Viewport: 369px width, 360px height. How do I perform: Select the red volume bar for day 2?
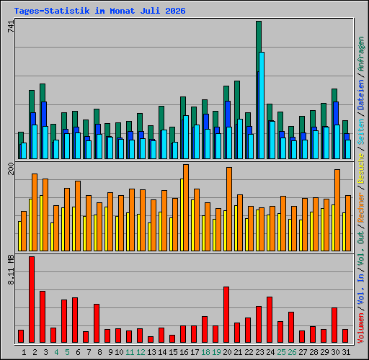(32, 300)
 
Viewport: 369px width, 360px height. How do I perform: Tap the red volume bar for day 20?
(226, 315)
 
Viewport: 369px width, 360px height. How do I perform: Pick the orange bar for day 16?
(186, 207)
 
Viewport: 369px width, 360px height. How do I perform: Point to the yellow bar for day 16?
(182, 215)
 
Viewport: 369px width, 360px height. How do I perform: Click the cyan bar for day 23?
(262, 105)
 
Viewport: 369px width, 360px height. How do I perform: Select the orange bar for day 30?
(337, 210)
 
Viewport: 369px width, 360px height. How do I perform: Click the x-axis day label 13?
(151, 352)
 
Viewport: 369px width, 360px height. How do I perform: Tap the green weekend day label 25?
(281, 352)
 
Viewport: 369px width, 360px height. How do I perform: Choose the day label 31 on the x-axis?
(346, 352)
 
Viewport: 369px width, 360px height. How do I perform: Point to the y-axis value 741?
(11, 27)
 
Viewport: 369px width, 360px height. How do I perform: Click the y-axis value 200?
(11, 168)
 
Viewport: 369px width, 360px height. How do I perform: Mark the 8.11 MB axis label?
(11, 270)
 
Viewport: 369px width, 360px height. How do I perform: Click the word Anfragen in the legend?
(361, 54)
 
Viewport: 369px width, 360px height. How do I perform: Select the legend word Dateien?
(361, 95)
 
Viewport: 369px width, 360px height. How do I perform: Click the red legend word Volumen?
(361, 328)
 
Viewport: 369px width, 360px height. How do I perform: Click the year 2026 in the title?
(175, 11)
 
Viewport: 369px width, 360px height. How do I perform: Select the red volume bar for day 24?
(270, 320)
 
